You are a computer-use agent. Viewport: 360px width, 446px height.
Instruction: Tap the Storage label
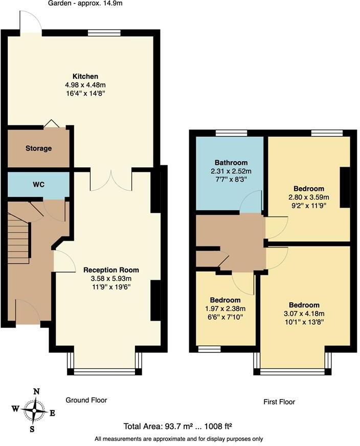point(39,148)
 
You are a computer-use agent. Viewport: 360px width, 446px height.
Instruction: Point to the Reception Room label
point(111,270)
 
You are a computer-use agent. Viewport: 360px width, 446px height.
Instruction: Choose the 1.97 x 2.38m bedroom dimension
point(225,308)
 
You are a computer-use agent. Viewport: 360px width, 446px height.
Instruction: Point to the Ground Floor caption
point(86,400)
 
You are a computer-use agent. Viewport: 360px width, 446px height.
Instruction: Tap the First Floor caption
point(279,402)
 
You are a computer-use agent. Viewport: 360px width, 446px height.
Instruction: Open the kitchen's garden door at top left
point(30,23)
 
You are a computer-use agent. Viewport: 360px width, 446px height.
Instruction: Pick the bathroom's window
point(231,133)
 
